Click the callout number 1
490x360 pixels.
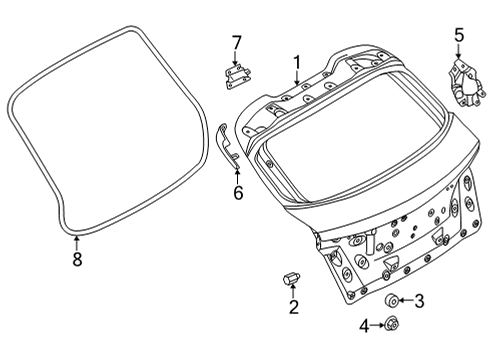[296, 62]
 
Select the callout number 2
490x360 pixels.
[293, 307]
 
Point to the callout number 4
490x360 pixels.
[365, 324]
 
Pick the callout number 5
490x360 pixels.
[458, 35]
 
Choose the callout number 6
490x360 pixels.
[238, 192]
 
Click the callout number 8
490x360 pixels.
[77, 259]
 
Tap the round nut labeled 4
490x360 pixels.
[391, 324]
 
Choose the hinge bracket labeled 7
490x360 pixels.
[236, 75]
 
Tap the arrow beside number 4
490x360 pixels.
[378, 324]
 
